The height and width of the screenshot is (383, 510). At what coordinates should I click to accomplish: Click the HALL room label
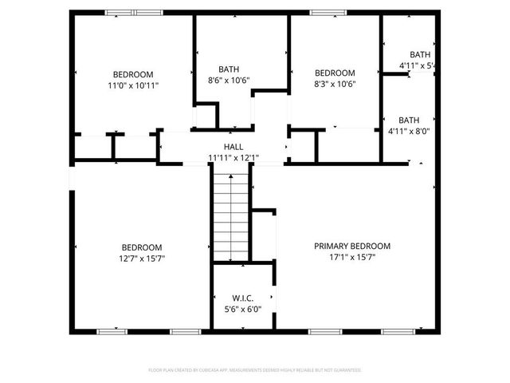233,147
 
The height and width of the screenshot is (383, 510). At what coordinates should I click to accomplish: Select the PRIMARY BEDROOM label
351,247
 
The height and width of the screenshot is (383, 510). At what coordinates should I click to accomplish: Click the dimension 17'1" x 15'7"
351,259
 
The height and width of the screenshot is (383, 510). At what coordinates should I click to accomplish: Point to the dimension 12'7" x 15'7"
142,259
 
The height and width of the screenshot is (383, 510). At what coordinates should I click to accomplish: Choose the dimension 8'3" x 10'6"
335,84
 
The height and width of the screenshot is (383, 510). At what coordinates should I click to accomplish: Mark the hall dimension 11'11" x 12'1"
233,158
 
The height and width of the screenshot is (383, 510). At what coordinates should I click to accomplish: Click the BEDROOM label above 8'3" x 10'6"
335,73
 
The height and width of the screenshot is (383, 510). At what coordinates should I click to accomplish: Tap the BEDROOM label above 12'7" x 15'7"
142,247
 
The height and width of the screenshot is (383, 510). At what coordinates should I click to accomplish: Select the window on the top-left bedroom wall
134,13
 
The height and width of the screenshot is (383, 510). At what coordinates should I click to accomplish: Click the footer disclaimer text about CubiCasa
255,370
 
